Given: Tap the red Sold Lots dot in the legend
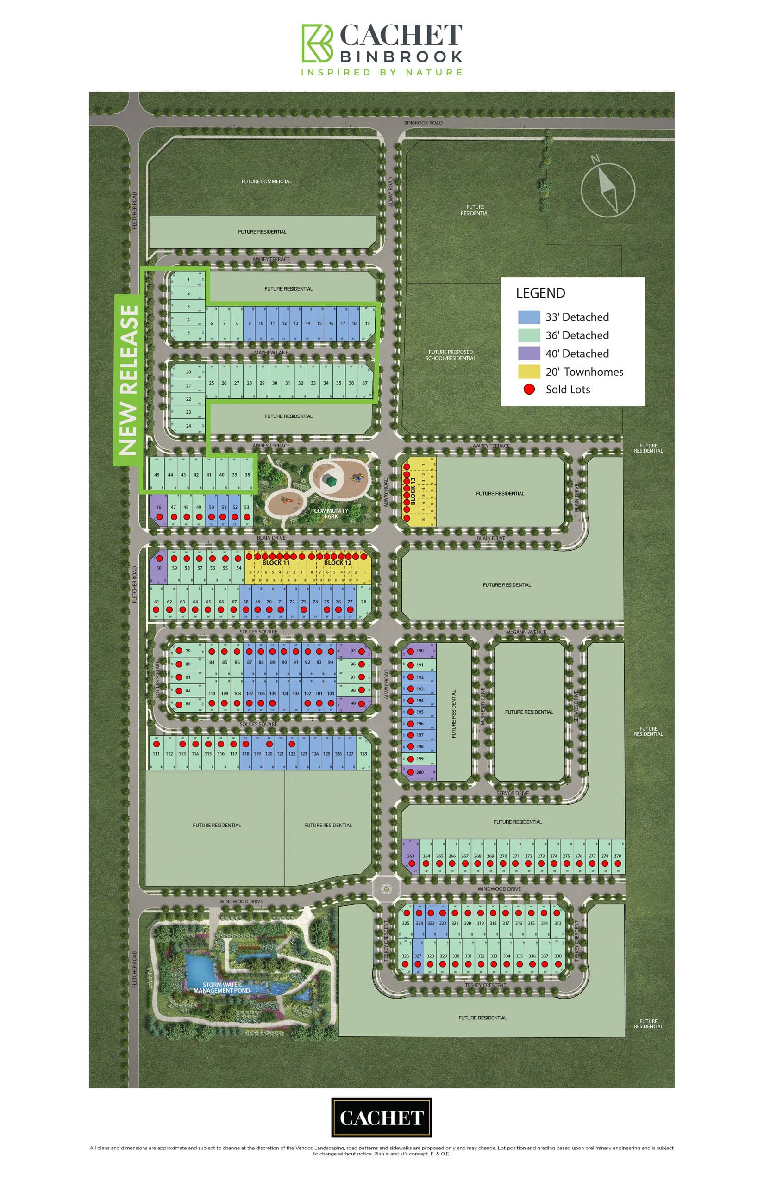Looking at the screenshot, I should coord(529,389).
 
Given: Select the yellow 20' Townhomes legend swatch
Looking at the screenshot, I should coord(529,371).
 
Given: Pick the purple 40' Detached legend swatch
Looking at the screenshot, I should coord(529,353).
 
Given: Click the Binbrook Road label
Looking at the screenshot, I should coord(423,123).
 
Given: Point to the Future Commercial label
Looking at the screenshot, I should coord(266,181).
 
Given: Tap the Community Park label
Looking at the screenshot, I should coord(331,513).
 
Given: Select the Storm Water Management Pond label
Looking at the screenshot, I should coord(222,987).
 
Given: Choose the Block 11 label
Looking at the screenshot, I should coord(276,563).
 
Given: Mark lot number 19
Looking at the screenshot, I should coord(368,323).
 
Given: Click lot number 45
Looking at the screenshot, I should coord(157,474).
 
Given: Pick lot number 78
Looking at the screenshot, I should coord(363,602).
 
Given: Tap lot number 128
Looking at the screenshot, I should coord(363,754).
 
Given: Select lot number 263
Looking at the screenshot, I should coord(411,856).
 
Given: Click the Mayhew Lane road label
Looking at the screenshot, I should coord(271,353).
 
